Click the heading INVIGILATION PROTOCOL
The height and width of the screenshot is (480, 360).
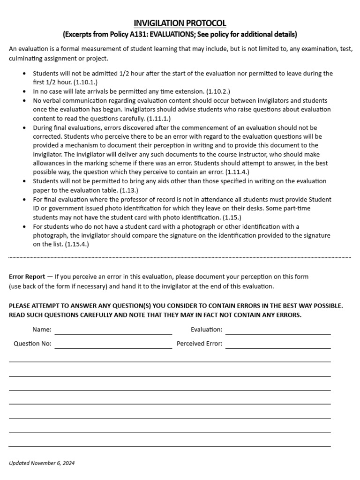(180, 23)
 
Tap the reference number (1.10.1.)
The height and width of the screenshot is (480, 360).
(85, 82)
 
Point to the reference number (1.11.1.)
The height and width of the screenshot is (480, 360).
(159, 118)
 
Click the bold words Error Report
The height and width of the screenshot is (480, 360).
(27, 277)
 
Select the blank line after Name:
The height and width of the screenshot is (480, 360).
(113, 333)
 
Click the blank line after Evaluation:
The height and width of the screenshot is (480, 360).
(278, 333)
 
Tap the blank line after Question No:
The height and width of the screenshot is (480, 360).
(113, 347)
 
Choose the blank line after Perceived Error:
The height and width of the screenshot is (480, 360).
(278, 347)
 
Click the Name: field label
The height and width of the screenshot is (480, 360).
(42, 330)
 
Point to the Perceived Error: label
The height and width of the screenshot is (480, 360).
(199, 344)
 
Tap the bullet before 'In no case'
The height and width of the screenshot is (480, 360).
(24, 91)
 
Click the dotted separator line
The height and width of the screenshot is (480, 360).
(180, 257)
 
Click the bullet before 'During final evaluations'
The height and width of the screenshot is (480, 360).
(24, 127)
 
